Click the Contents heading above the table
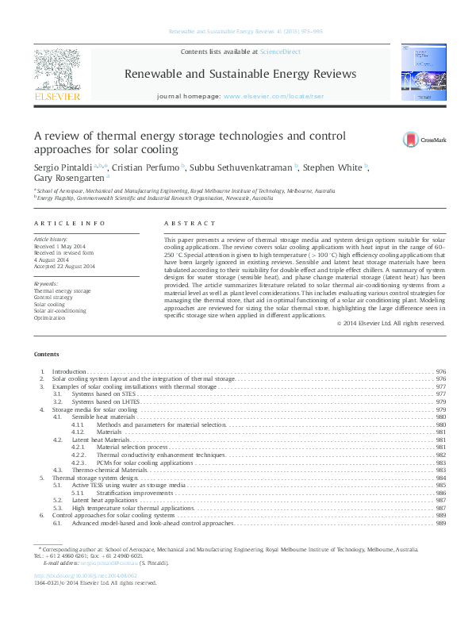tap(45, 354)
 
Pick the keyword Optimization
tap(50, 317)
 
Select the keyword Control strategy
tap(56, 298)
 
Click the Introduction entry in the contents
tap(68, 371)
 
